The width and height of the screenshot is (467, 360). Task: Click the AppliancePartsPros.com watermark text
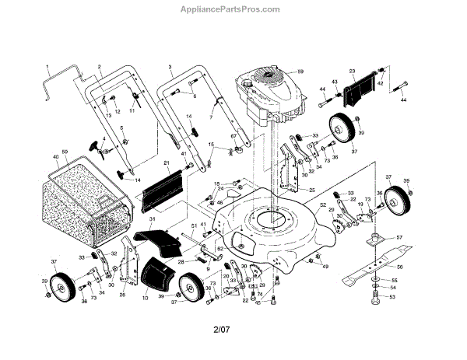tap(234, 10)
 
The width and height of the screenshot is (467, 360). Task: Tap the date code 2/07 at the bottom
tap(223, 335)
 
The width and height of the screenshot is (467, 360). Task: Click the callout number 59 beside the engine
tap(300, 72)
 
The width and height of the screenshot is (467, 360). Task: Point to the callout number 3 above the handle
tap(170, 68)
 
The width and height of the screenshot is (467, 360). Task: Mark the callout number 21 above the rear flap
tap(167, 163)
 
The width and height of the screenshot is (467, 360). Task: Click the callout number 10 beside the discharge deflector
tap(146, 299)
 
